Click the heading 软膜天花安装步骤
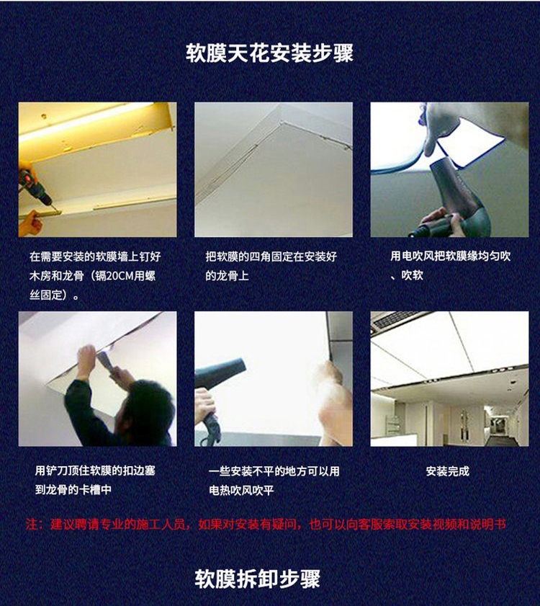tap(269, 53)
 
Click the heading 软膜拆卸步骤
tap(258, 579)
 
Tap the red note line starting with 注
tap(266, 525)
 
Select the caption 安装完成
tap(448, 471)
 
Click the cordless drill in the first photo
tap(35, 190)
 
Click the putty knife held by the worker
tap(104, 360)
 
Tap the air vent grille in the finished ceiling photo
tap(396, 321)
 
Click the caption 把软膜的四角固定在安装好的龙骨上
tap(271, 266)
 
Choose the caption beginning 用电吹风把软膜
tap(451, 265)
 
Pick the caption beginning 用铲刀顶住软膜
tap(95, 480)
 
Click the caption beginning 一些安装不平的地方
tap(274, 481)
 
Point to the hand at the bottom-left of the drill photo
tap(30, 223)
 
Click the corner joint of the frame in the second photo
tap(282, 123)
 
